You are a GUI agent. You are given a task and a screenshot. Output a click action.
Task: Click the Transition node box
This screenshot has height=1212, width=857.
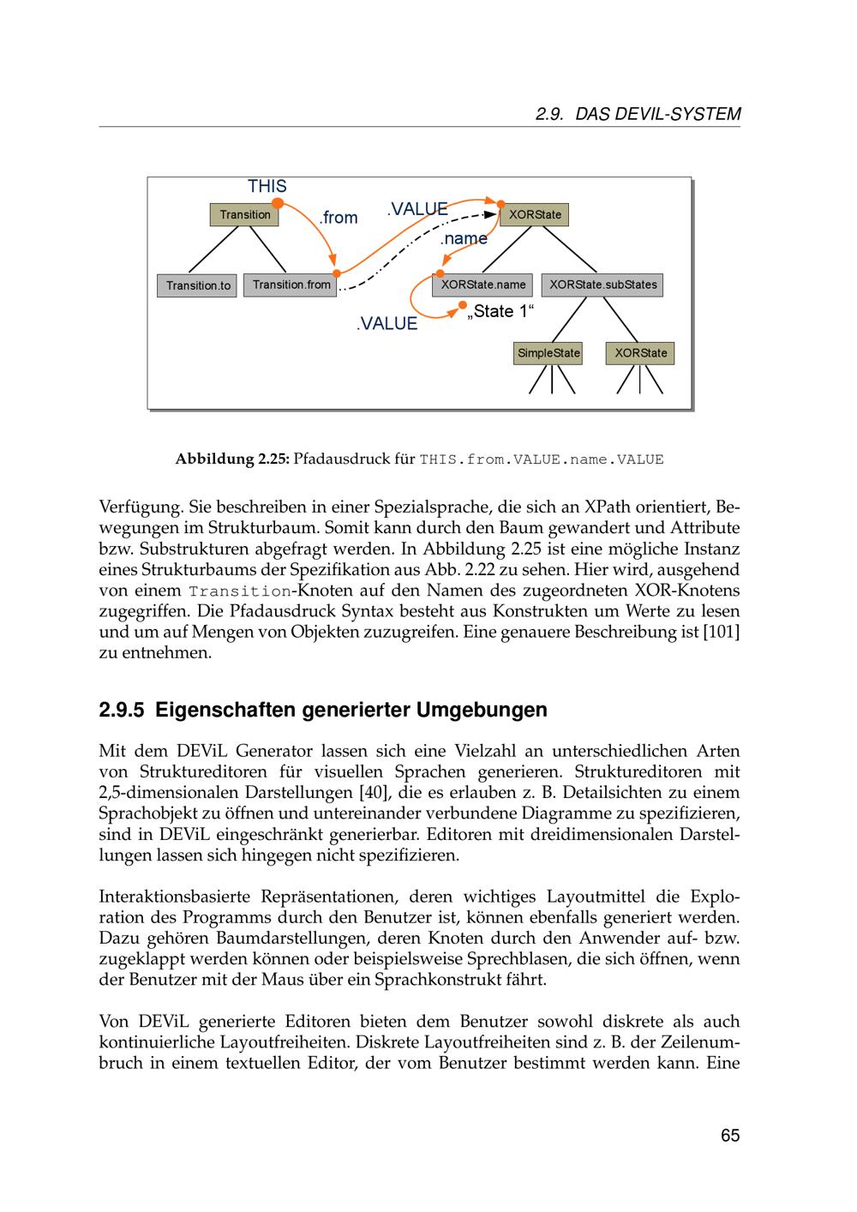[244, 214]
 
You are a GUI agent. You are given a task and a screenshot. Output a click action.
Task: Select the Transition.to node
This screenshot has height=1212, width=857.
[198, 285]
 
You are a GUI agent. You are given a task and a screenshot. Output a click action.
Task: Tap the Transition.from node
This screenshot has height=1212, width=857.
[291, 285]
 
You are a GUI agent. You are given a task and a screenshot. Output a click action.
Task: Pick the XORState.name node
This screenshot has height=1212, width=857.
[483, 285]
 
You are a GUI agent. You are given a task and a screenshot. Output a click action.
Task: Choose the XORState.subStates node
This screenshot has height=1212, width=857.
[603, 285]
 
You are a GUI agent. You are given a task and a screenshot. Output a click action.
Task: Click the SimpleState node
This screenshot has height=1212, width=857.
[548, 353]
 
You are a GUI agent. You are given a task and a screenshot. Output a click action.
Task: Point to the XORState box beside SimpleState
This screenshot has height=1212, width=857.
[640, 353]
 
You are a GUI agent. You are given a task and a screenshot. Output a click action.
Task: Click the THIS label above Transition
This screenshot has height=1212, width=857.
[267, 186]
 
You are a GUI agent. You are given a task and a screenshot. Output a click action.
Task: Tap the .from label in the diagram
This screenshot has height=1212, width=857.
[338, 218]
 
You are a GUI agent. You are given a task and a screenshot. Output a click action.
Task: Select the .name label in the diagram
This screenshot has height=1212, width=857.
[464, 238]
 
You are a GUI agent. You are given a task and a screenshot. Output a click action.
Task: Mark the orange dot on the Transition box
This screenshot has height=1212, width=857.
[278, 203]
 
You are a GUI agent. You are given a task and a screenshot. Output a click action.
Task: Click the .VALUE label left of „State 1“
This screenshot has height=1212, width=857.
[387, 323]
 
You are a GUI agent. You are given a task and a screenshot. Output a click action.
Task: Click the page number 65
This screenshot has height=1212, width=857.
[729, 1136]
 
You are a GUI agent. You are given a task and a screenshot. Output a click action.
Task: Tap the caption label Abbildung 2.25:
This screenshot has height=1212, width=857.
[231, 459]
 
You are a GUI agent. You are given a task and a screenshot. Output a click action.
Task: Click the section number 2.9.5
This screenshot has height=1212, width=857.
[122, 711]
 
